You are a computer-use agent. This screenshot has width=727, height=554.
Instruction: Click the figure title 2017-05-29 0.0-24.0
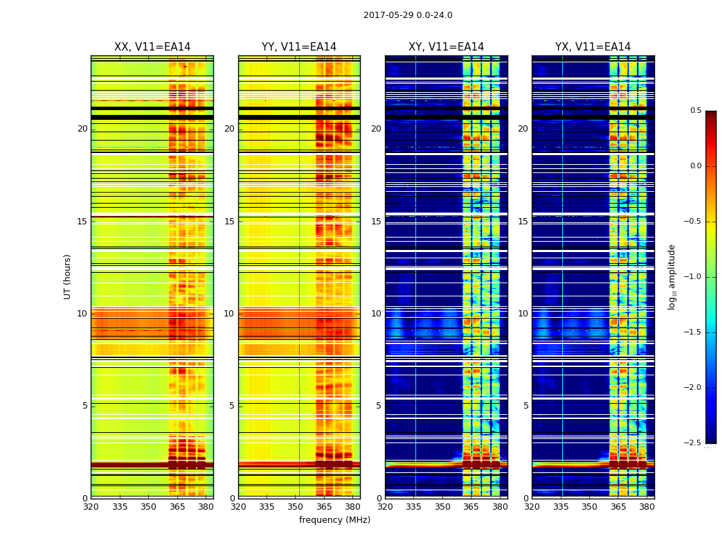(x=408, y=15)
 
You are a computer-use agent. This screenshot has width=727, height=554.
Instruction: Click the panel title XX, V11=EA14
(x=152, y=47)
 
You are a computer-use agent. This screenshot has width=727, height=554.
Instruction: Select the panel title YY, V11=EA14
(x=299, y=47)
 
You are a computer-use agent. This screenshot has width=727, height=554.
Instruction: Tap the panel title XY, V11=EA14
(x=446, y=47)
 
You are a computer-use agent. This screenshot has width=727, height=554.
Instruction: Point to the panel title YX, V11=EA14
(x=593, y=47)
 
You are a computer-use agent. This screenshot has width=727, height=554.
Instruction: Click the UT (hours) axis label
(x=67, y=276)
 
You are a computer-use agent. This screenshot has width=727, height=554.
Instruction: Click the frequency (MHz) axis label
(x=334, y=520)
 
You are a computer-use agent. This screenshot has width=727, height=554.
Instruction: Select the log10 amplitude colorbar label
(x=672, y=276)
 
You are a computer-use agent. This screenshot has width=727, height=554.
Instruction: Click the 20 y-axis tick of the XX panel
(x=82, y=129)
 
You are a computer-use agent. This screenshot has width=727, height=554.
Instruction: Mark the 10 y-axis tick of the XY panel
(x=376, y=314)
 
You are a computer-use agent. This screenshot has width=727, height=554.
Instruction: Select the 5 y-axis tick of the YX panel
(x=526, y=406)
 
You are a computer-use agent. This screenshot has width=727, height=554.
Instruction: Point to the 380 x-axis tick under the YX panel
(x=647, y=506)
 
